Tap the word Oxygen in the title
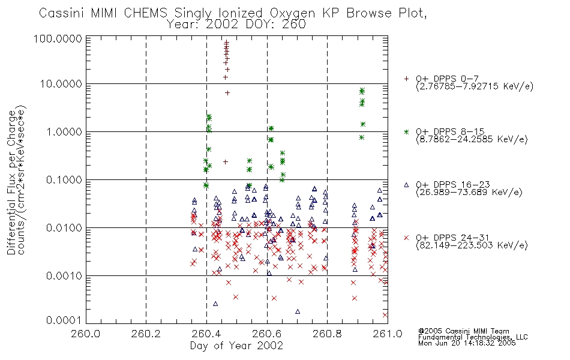tap(292, 14)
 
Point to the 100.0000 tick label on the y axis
tap(58, 38)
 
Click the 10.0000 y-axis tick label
tap(61, 84)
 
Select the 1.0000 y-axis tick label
tap(64, 131)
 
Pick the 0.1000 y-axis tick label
tap(64, 179)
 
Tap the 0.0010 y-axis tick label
tap(64, 275)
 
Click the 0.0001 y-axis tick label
tap(64, 320)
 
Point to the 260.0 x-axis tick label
tap(86, 334)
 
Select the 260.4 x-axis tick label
tap(207, 334)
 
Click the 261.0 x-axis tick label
tap(388, 334)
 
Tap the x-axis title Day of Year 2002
tap(236, 346)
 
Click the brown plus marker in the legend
tap(406, 79)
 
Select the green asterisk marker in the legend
tap(406, 131)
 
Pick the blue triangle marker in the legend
tap(406, 185)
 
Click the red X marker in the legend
tap(406, 238)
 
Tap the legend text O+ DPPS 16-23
tap(453, 185)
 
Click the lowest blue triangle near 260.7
tap(298, 311)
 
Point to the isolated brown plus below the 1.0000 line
tap(226, 162)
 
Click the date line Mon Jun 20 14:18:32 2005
tap(467, 343)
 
